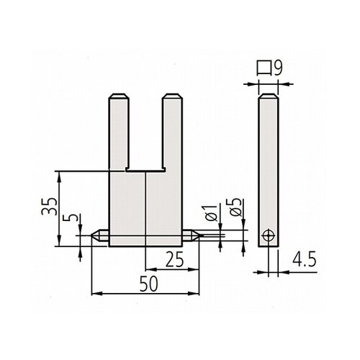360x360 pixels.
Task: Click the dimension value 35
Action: (x=50, y=206)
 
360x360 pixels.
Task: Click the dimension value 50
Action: (x=149, y=284)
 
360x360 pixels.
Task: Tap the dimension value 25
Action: (x=174, y=259)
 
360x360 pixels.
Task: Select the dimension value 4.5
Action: (x=304, y=259)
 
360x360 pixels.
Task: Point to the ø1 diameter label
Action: (x=212, y=213)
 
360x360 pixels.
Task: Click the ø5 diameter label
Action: (x=236, y=207)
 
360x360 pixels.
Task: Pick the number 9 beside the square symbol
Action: (x=278, y=68)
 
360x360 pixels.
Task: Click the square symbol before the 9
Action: (x=264, y=68)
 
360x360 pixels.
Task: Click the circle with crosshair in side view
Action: (x=269, y=236)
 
